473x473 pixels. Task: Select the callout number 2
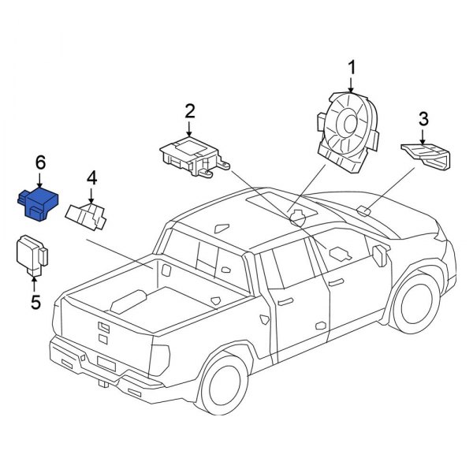tap(189, 110)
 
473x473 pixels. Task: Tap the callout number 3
tap(423, 119)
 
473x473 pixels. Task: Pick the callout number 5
tap(35, 301)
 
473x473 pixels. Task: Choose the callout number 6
tap(40, 162)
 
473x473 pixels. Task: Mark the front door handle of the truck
tap(335, 281)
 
